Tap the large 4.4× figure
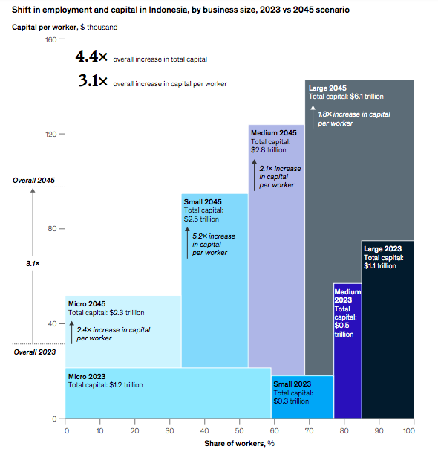[93, 58]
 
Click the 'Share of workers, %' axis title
[240, 444]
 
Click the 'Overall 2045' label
[33, 181]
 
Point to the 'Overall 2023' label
[33, 352]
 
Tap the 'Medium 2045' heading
[274, 132]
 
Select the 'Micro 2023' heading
[87, 376]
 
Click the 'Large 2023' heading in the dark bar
[382, 249]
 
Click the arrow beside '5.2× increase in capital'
[187, 243]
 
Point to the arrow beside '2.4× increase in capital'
[72, 333]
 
